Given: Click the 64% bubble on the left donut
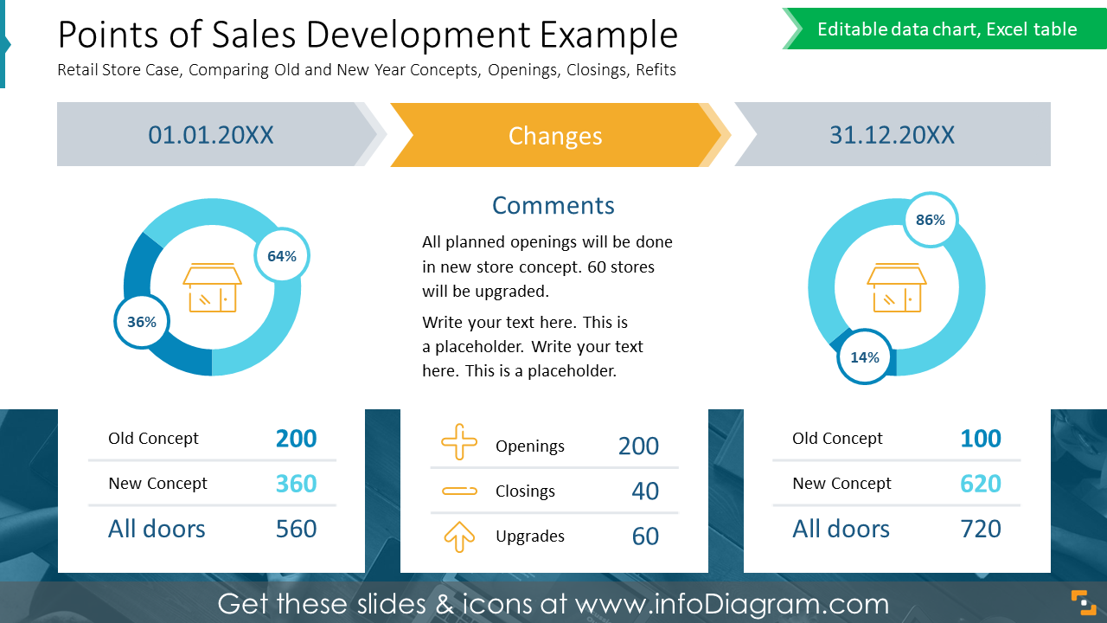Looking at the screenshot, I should point(282,256).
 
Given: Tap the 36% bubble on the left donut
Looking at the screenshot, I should point(142,322).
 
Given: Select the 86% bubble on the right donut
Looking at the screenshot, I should point(931,220).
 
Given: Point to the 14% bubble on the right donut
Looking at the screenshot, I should point(865,356).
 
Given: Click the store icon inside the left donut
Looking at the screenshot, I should point(212,287).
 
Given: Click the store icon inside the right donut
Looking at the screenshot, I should point(897,287).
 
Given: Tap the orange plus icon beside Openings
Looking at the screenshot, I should point(459,442).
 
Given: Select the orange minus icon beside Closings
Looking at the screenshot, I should point(459,491).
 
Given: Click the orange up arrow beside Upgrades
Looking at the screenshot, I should point(459,536).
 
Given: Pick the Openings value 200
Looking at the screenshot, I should point(638,446).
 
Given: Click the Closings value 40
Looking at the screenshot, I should point(645,491).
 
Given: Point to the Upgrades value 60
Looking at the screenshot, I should point(645,536).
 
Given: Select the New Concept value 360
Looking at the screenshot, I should point(296,484).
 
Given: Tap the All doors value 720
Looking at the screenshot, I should point(980,529).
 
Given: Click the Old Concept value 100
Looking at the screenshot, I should point(980,439).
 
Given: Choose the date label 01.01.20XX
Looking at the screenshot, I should point(211,135).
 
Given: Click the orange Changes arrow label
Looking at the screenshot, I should point(555,135).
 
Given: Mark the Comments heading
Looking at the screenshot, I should point(553,205).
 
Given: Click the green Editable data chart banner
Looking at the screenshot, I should point(946,29).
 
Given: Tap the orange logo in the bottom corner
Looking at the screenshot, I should point(1083,601).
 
